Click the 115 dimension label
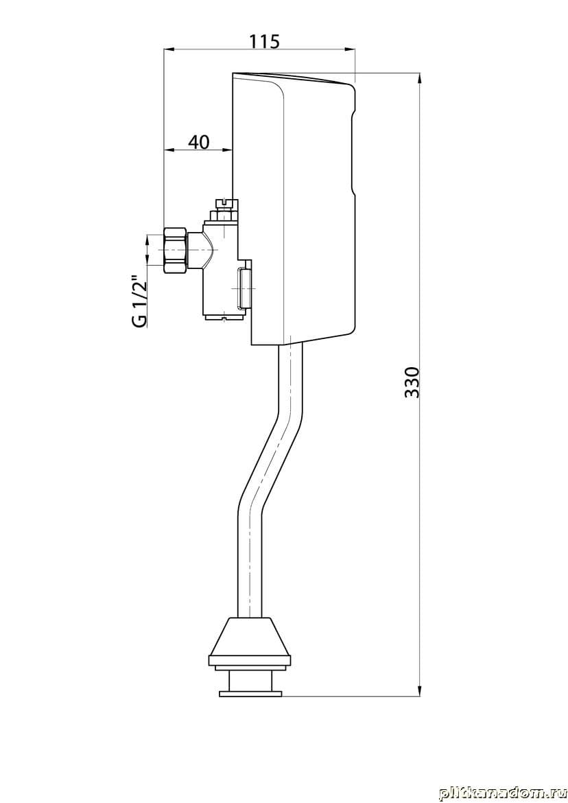[x=264, y=41]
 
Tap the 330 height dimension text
[x=412, y=382]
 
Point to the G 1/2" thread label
[x=140, y=301]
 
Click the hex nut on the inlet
[x=176, y=250]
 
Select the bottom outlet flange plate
[x=250, y=693]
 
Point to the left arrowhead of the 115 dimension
[x=169, y=49]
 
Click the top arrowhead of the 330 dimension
[x=420, y=77]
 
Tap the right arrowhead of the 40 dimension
[x=228, y=150]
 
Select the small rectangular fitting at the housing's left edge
[x=245, y=288]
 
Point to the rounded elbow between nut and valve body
[x=203, y=251]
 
